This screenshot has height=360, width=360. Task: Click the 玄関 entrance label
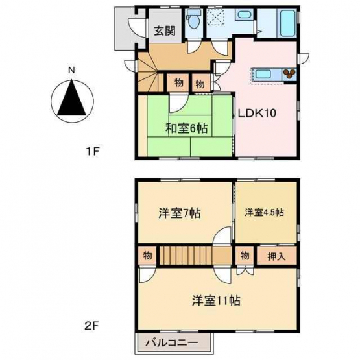tap(165, 30)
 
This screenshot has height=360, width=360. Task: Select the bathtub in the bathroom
tap(287, 23)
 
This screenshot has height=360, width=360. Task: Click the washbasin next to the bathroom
tap(244, 16)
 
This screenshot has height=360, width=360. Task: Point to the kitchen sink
tap(263, 75)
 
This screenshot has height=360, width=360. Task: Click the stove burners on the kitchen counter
tap(289, 74)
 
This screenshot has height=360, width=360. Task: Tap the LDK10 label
tap(257, 113)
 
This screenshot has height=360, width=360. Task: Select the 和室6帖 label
tap(186, 128)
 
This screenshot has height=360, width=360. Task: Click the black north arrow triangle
tap(72, 97)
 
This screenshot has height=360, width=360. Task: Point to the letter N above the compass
tap(72, 70)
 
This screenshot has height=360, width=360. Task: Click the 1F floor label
tap(92, 151)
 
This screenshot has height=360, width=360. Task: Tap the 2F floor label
tap(92, 326)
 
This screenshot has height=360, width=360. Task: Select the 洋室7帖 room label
tap(180, 213)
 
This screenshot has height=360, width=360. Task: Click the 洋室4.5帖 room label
tap(264, 212)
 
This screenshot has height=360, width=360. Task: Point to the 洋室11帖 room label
tap(216, 300)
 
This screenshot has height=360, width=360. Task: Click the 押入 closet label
tap(276, 256)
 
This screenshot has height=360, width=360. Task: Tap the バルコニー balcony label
tap(172, 343)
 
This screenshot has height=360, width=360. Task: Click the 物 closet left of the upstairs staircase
tap(147, 256)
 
